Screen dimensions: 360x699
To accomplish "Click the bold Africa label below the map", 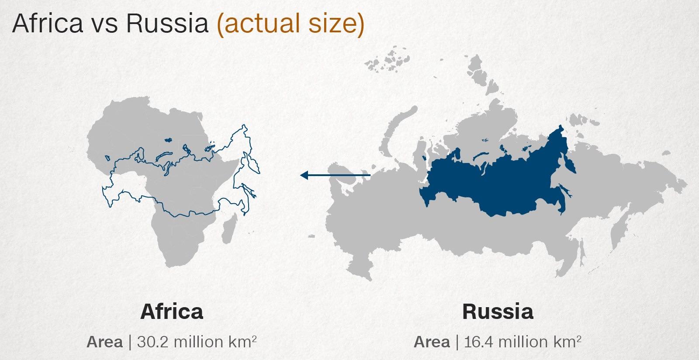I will click(172, 312).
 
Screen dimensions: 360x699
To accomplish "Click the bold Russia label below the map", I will click(498, 312).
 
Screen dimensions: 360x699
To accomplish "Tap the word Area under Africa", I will click(104, 342).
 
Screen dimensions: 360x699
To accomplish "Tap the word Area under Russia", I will click(432, 342).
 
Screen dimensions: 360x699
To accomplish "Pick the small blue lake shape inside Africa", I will click(167, 140).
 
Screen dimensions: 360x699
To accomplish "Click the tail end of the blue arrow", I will click(369, 175).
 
